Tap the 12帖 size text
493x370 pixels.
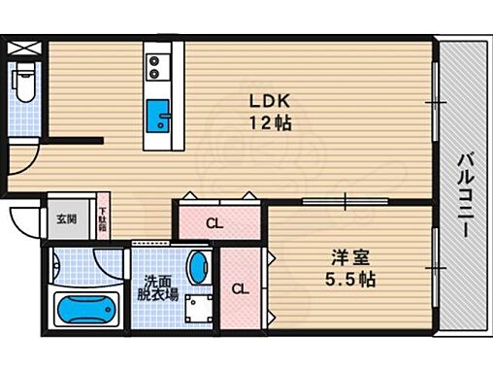[x=269, y=123]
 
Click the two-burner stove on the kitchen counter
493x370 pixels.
[x=156, y=67]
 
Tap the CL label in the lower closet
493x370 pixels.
[x=239, y=288]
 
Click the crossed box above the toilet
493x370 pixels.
[x=22, y=46]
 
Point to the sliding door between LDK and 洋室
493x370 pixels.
[x=346, y=202]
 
